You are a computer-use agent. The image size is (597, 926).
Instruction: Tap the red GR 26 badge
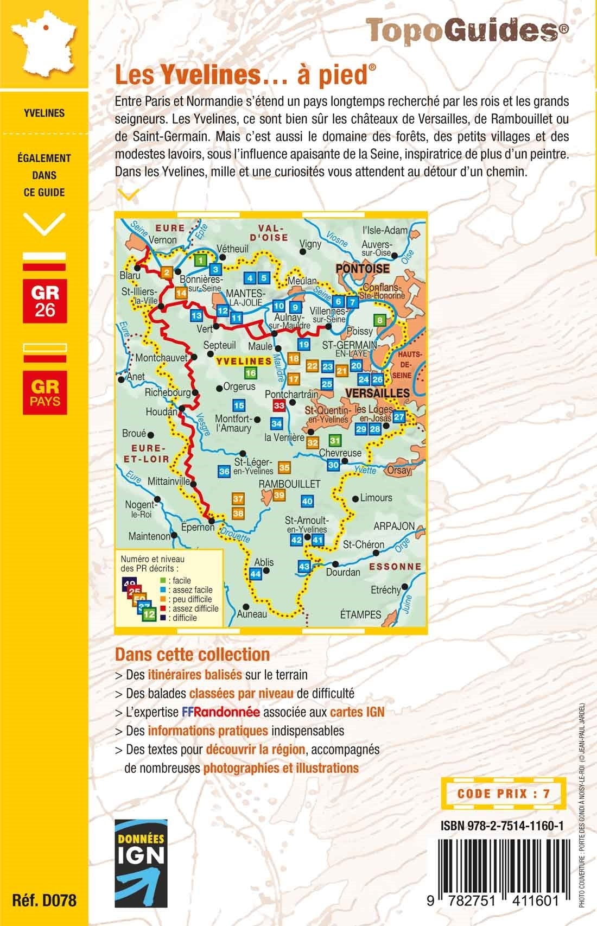[x=45, y=301]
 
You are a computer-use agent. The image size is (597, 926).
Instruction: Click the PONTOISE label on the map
[x=362, y=269]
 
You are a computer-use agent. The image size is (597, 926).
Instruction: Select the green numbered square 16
[x=250, y=373]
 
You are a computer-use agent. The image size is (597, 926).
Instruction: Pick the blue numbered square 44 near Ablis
[x=256, y=574]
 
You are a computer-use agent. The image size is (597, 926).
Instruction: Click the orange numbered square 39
[x=279, y=494]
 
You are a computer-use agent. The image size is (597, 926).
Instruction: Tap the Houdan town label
[x=161, y=413]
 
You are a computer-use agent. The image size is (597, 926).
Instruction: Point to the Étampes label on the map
[x=360, y=614]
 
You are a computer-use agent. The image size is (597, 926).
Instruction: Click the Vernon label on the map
[x=162, y=240]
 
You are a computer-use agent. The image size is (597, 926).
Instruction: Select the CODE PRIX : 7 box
[x=504, y=793]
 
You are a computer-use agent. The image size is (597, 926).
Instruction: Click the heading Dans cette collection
[x=192, y=654]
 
